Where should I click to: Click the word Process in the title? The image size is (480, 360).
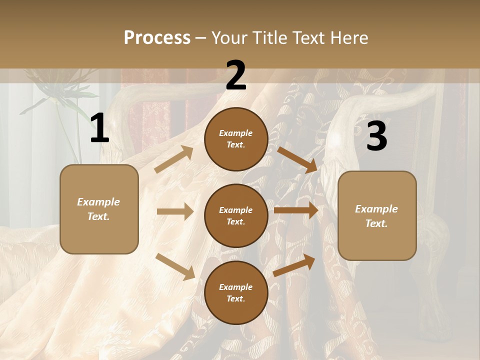coord(157,38)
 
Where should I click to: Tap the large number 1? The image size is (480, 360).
coord(99,129)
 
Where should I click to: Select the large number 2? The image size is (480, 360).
coord(236,76)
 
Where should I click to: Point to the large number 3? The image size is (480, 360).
coord(377,136)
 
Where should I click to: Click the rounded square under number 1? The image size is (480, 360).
coord(99,209)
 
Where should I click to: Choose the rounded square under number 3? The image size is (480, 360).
coord(377,215)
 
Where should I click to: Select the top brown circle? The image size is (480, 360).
coord(236,138)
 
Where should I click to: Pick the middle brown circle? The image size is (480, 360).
coord(236,215)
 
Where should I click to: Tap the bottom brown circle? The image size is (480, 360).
coord(236,292)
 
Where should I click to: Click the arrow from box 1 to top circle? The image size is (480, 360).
coord(174,159)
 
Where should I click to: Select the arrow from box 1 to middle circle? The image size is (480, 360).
coord(175,211)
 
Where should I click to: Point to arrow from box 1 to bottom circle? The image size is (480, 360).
coord(175,266)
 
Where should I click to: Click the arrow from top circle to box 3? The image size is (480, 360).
coord(297,159)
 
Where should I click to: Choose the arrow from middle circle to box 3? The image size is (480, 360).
coord(296,210)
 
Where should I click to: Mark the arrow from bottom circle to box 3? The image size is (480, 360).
coord(294,265)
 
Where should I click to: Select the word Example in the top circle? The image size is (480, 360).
coord(236,133)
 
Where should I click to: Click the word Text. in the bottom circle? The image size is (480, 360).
coord(236,298)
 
